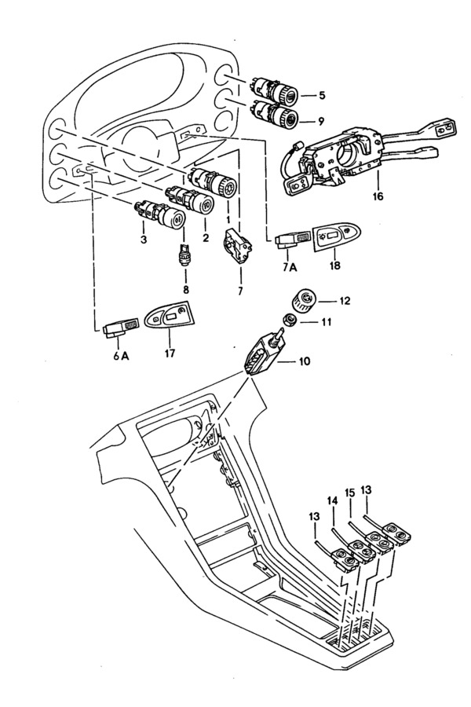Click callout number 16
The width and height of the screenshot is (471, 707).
click(378, 196)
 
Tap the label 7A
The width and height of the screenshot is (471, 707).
click(290, 267)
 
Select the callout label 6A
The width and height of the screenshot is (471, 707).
click(121, 356)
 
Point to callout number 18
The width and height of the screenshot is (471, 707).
click(335, 266)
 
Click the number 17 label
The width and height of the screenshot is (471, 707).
click(170, 353)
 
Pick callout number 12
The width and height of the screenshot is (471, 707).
click(345, 300)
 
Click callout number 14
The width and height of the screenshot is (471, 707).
click(332, 500)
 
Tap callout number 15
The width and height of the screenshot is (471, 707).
click(350, 492)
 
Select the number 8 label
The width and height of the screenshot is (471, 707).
click(186, 289)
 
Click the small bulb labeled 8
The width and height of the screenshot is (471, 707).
click(184, 255)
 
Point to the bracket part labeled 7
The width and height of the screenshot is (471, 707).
click(238, 246)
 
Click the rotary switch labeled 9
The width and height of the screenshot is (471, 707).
click(275, 113)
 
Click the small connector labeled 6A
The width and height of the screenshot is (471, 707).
click(119, 328)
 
